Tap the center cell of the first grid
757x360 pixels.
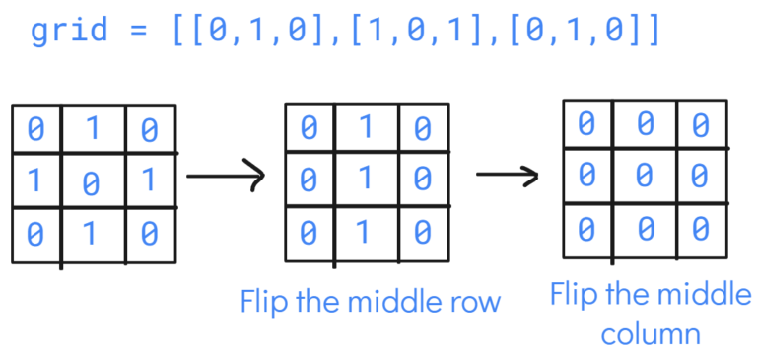pyautogui.click(x=92, y=182)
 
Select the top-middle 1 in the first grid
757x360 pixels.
pyautogui.click(x=92, y=128)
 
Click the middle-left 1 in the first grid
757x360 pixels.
pyautogui.click(x=35, y=180)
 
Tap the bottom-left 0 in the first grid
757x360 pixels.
pyautogui.click(x=35, y=235)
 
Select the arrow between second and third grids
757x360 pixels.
pyautogui.click(x=507, y=177)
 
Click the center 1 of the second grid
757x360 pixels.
pyautogui.click(x=365, y=180)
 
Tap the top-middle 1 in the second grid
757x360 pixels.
pyautogui.click(x=365, y=127)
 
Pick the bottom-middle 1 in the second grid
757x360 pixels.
pyautogui.click(x=365, y=233)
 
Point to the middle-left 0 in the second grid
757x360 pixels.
pyautogui.click(x=309, y=180)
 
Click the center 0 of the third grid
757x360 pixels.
pyautogui.click(x=643, y=177)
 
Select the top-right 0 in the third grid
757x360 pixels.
pyautogui.click(x=700, y=124)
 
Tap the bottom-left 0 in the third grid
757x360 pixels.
pyautogui.click(x=586, y=229)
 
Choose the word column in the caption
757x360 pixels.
pyautogui.click(x=650, y=334)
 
